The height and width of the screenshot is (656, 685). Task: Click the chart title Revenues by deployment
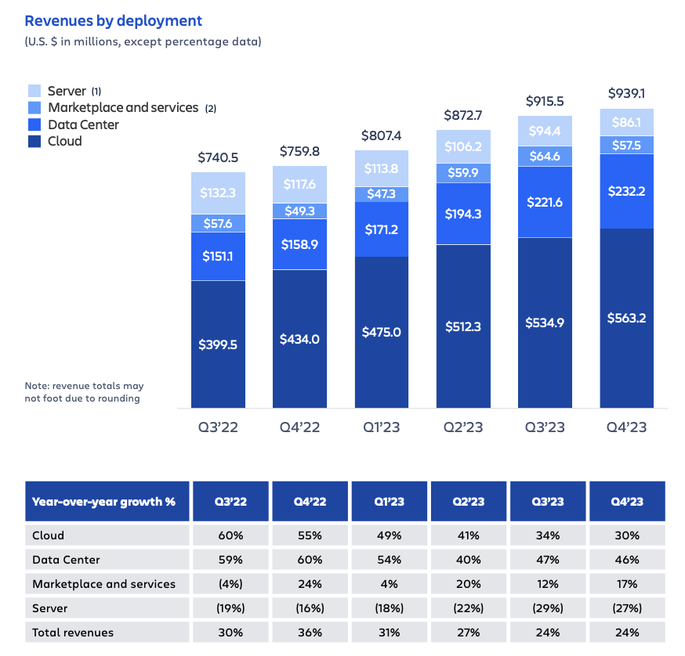point(114,21)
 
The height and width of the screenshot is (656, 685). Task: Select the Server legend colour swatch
point(34,91)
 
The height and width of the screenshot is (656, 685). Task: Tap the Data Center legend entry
point(83,124)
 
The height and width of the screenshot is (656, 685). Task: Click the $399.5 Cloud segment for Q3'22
point(218,344)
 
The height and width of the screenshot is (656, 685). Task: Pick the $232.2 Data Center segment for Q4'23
point(626,190)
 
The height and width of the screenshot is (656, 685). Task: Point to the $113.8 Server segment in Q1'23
point(381,168)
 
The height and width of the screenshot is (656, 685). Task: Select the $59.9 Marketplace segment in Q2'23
point(463,173)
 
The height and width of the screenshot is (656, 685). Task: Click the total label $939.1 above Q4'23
point(626,94)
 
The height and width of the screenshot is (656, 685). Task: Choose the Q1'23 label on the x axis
point(381,427)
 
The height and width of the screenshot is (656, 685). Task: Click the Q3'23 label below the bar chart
point(545,427)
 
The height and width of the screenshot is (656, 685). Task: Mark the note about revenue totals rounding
point(84,392)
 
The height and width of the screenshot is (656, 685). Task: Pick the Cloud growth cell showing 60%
point(231,535)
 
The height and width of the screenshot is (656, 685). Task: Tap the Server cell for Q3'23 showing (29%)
point(547,607)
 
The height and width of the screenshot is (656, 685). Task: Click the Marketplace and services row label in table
point(104,583)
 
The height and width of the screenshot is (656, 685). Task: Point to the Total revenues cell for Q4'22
point(310,632)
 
